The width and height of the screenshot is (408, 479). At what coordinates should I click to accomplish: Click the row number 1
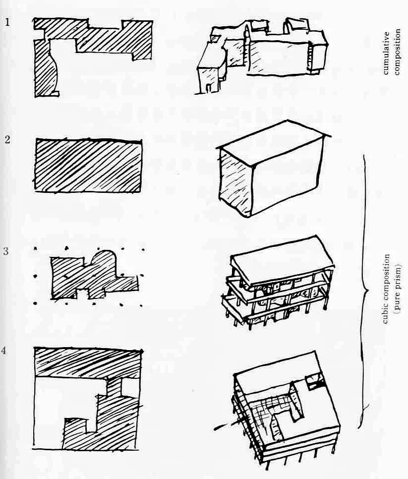[7, 22]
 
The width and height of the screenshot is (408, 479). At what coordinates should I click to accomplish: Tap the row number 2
[7, 140]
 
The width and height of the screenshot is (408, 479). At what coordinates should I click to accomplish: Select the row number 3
[6, 251]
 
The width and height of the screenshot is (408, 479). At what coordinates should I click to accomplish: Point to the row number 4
[3, 350]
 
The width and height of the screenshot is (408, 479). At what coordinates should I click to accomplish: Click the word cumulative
[386, 53]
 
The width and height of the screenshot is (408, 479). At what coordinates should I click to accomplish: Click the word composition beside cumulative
[397, 52]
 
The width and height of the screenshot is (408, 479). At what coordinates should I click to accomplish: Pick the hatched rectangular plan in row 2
[88, 166]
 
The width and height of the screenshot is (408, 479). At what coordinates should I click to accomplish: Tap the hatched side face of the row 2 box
[235, 183]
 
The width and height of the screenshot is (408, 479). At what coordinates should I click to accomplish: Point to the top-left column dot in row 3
[35, 248]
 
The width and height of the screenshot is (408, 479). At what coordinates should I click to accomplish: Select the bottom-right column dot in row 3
[141, 305]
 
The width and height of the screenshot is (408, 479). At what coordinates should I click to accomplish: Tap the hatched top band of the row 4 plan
[88, 363]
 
